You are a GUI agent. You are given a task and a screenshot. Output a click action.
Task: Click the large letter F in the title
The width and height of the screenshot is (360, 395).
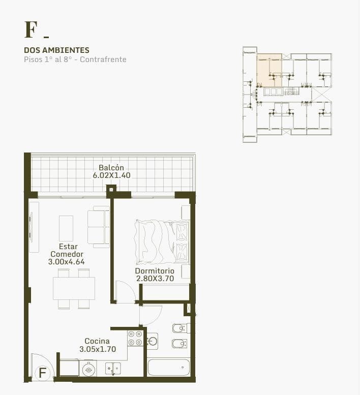tap(31, 29)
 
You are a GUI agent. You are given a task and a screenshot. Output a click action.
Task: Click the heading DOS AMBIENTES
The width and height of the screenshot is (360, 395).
tap(56, 50)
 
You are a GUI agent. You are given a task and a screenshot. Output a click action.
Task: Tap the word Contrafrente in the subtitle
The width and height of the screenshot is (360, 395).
tap(103, 59)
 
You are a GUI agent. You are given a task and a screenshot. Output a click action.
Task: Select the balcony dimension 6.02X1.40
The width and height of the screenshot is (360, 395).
tap(111, 175)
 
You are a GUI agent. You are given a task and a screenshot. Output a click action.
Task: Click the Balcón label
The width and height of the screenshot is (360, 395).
tap(111, 168)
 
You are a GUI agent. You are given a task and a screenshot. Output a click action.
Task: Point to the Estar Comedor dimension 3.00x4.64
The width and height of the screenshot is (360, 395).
tap(67, 262)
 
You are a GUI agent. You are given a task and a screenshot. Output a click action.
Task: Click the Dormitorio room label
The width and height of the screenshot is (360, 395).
tap(155, 271)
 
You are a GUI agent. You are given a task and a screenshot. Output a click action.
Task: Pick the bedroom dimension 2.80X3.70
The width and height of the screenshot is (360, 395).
tap(155, 279)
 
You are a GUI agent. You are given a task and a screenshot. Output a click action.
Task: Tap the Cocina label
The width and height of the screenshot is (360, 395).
tap(97, 341)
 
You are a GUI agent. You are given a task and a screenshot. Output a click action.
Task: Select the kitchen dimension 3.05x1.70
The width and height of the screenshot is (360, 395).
tap(98, 349)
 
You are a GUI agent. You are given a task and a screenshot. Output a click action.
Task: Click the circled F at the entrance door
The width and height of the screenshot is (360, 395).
tap(43, 373)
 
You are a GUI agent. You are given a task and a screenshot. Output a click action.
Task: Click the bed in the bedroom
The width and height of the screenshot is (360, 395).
tap(163, 242)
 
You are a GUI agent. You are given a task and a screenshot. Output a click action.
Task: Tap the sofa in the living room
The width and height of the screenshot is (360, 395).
tap(99, 227)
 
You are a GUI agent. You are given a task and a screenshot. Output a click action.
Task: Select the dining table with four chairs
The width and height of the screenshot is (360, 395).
tap(74, 288)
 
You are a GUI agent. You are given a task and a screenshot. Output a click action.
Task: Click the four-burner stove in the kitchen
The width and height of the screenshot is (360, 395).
tap(135, 338)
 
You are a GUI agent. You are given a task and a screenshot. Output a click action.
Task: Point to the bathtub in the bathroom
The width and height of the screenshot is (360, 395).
tap(168, 367)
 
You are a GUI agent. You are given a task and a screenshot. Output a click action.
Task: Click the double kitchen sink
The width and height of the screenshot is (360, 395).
tap(112, 368)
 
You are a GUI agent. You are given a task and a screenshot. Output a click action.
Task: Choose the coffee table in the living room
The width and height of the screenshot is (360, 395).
tap(66, 228)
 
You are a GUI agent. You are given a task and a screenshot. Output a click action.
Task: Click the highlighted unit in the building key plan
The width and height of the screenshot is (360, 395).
tap(269, 70)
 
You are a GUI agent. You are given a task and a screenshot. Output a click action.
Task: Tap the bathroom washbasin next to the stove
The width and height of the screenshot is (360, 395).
tap(153, 341)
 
